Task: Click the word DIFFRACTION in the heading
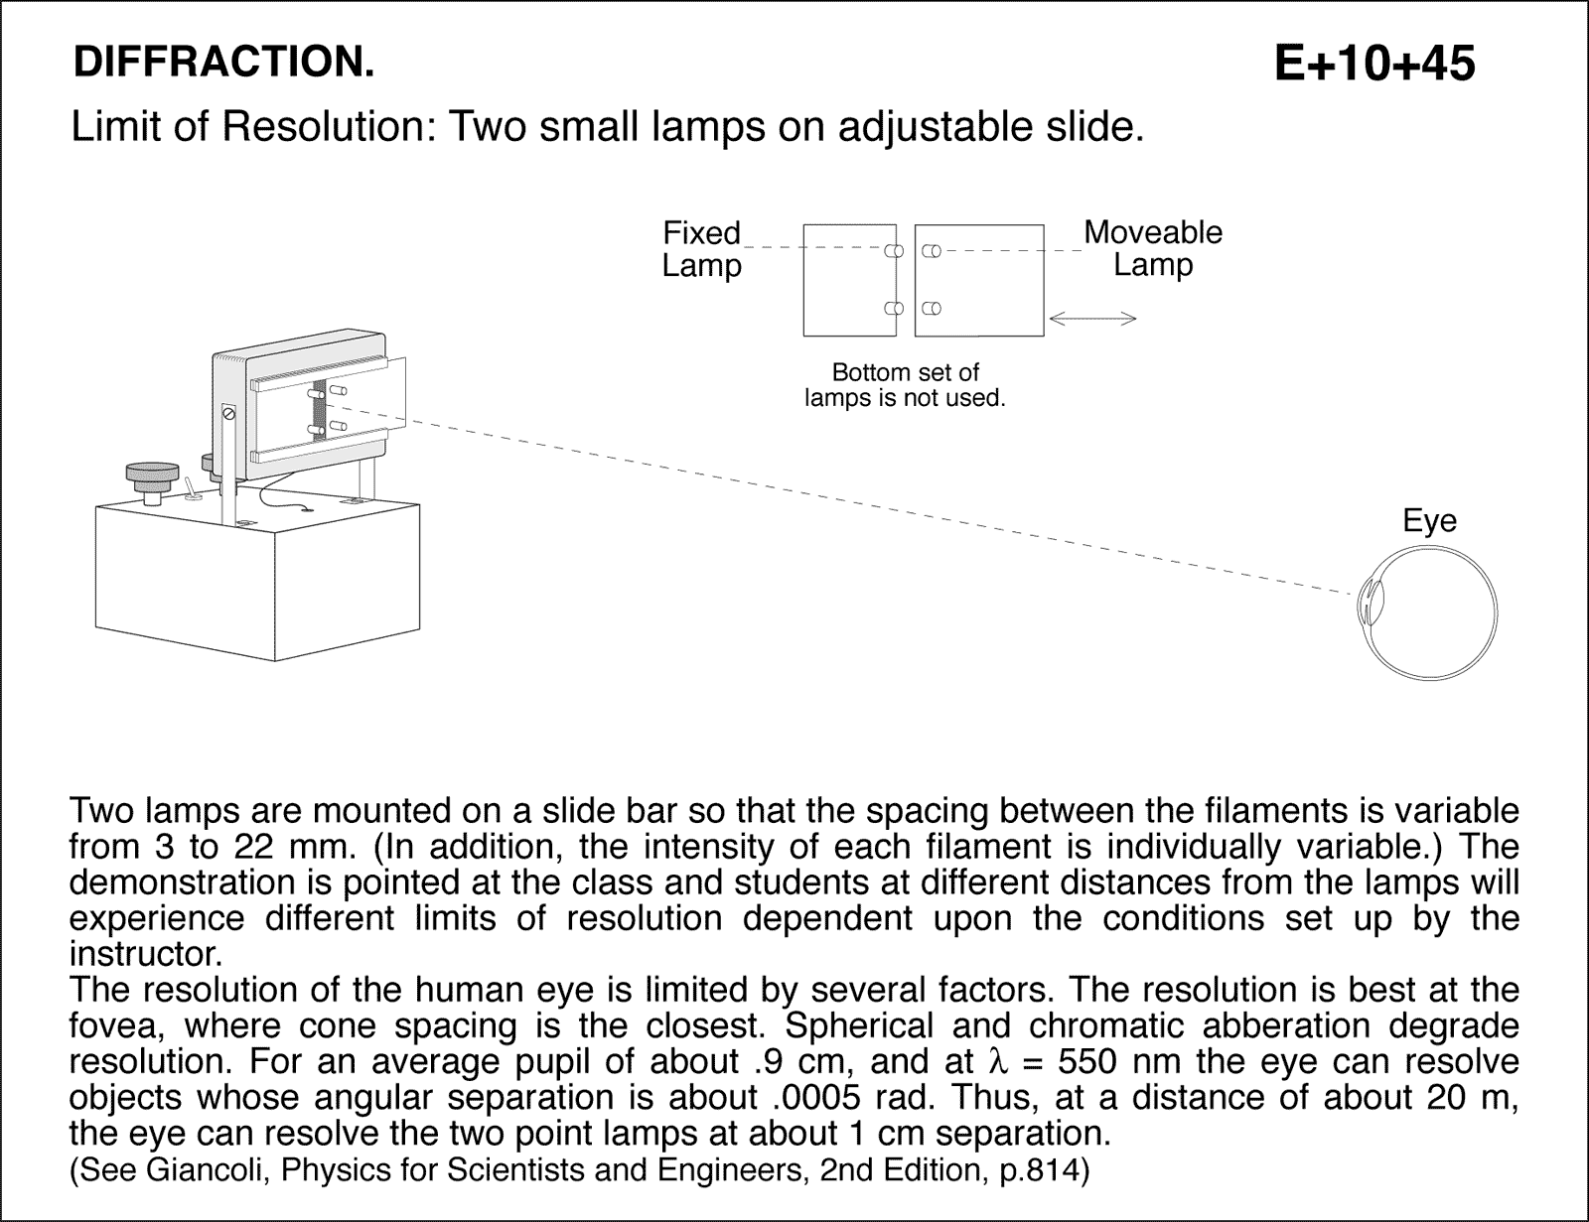223,63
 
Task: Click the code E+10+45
1374,65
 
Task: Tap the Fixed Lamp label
701,249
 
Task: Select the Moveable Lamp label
1152,248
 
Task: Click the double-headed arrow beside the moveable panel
1092,319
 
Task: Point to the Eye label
1429,521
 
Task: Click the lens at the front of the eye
1368,603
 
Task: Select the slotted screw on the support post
228,412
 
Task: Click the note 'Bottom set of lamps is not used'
905,386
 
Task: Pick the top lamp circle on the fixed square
893,252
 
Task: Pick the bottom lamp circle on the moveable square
931,308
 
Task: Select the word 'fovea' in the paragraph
115,1026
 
